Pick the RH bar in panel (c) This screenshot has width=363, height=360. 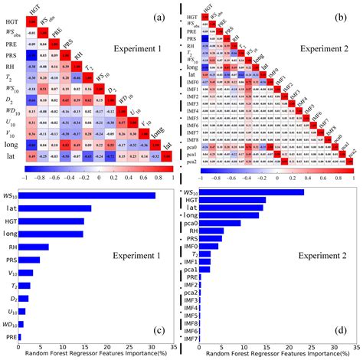click(x=33, y=247)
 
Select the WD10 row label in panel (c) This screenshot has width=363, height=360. click(x=8, y=326)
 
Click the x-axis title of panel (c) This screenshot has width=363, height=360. click(x=90, y=355)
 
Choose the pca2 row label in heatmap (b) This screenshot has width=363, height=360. click(x=190, y=162)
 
